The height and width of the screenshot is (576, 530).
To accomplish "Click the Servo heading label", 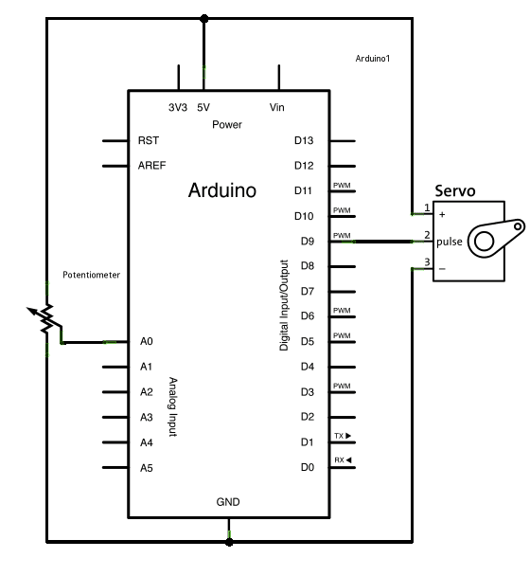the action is (x=454, y=191).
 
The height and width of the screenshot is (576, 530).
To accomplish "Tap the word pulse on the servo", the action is (x=449, y=242).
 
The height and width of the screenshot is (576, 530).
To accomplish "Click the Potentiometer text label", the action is (x=92, y=275).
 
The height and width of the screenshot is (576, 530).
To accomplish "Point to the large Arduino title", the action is (x=222, y=190).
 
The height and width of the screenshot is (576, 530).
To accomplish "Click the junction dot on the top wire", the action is (x=204, y=18).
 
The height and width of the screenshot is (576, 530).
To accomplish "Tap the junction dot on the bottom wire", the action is (x=229, y=542).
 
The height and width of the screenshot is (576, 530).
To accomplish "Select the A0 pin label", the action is (x=146, y=342).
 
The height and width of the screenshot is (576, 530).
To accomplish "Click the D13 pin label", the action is (x=304, y=140).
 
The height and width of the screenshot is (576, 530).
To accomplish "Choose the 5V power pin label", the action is (x=203, y=107).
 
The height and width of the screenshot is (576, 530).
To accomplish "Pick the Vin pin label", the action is (x=276, y=107).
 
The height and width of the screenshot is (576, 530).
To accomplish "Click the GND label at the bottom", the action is (x=228, y=502).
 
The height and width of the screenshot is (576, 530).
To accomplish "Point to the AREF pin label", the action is (x=152, y=166).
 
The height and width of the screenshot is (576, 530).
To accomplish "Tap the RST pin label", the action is (x=149, y=140).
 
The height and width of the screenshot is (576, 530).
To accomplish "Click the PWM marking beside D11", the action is (x=342, y=186).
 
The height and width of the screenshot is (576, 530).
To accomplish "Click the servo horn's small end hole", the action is (x=518, y=226).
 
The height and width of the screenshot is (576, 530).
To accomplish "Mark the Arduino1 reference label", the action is (x=373, y=59).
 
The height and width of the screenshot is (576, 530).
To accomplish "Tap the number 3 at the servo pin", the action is (x=427, y=261).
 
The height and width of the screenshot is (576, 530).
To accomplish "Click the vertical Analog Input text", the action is (x=173, y=406).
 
